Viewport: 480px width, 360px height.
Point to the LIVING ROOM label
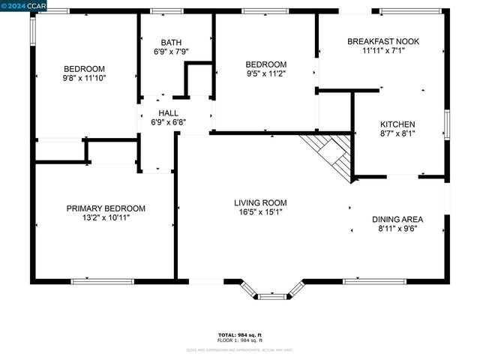click(260, 202)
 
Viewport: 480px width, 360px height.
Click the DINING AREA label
click(397, 220)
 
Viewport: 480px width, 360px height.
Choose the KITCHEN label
click(397, 124)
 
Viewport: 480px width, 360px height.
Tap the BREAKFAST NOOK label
click(383, 42)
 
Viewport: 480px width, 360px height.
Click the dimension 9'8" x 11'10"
click(84, 77)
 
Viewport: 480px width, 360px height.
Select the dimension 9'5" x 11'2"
click(266, 73)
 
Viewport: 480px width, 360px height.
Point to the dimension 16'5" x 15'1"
click(260, 212)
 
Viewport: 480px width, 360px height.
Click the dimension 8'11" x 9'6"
click(397, 229)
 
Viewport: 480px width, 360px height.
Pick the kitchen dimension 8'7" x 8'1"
click(397, 133)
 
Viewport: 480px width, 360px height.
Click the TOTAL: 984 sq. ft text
click(239, 334)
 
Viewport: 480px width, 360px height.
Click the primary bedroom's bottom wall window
click(102, 281)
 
